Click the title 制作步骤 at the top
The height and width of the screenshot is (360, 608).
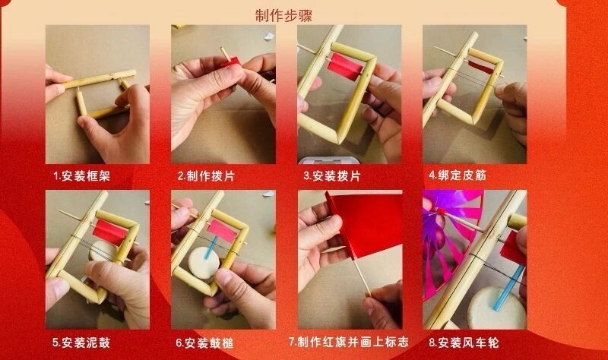pyautogui.click(x=283, y=15)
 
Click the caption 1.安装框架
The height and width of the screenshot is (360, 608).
pyautogui.click(x=82, y=175)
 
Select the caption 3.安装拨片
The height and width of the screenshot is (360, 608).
pyautogui.click(x=332, y=175)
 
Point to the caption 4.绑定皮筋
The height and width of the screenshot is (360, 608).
pyautogui.click(x=458, y=175)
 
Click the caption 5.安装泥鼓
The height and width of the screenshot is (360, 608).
pyautogui.click(x=82, y=343)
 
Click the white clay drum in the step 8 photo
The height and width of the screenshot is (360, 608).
pyautogui.click(x=495, y=308)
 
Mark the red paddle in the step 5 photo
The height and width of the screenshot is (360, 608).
pyautogui.click(x=109, y=231)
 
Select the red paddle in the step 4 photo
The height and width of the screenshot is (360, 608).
pyautogui.click(x=480, y=58)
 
